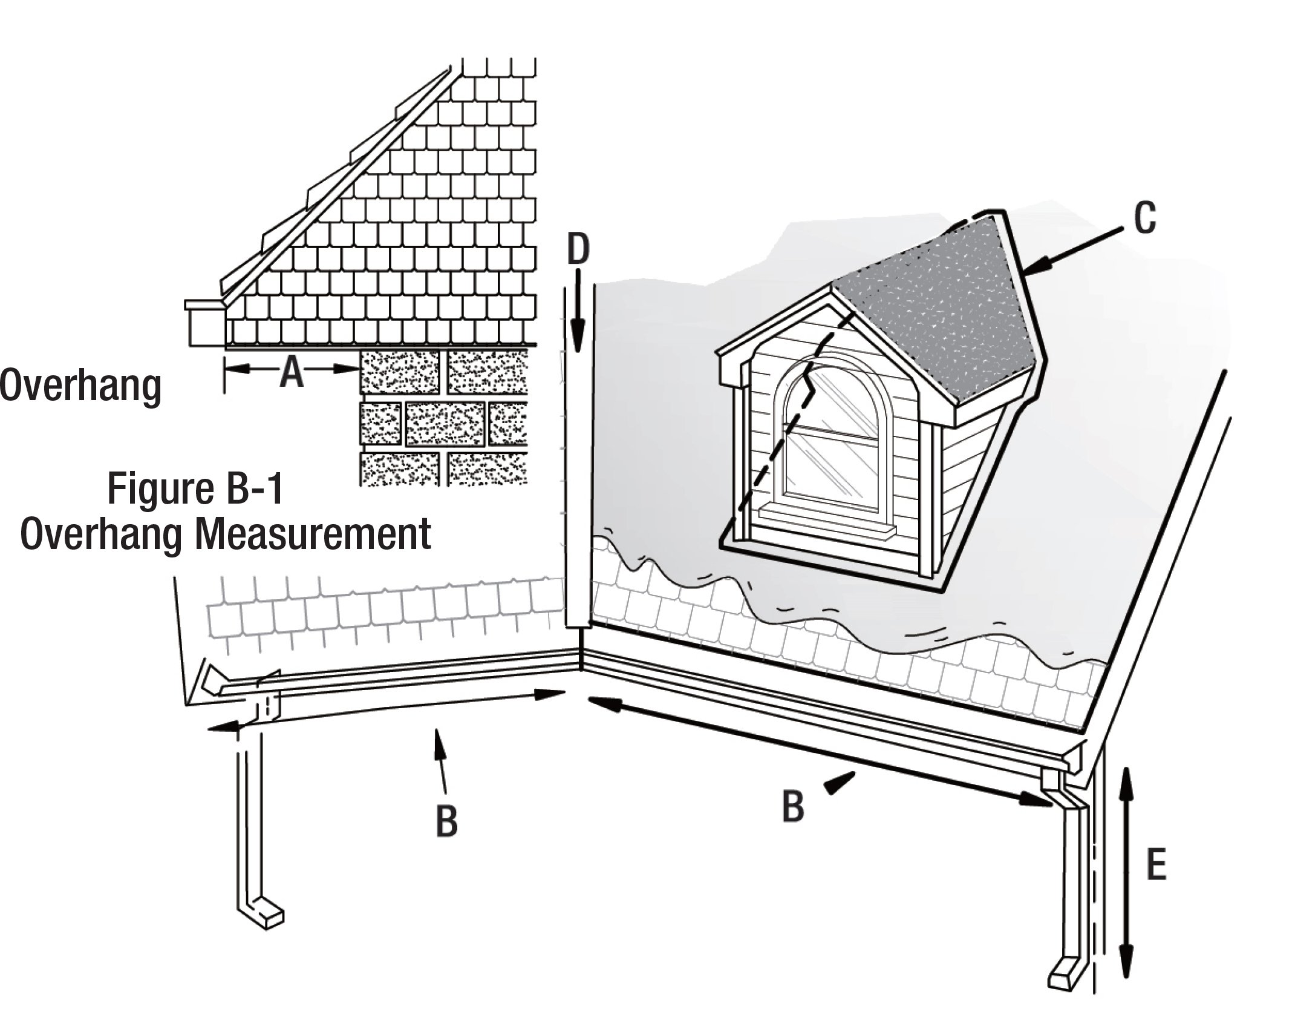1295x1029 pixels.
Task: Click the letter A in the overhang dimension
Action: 292,372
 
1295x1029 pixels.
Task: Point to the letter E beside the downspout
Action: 1156,867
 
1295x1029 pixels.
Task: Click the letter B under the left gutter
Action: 446,821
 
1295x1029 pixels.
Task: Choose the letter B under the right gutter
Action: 793,806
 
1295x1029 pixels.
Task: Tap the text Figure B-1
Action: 195,490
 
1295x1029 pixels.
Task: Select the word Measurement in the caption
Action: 313,533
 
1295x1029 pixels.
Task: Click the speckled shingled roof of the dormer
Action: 938,309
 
